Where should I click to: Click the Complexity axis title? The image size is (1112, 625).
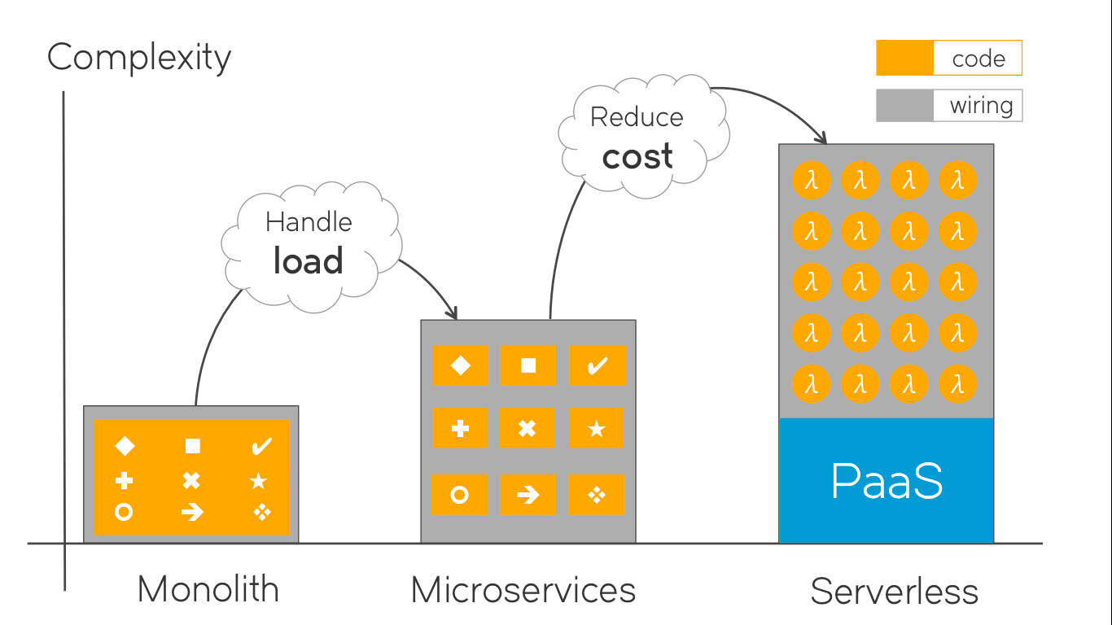pyautogui.click(x=139, y=59)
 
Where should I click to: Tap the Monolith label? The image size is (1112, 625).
pyautogui.click(x=208, y=589)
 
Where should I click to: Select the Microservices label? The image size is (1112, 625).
pyautogui.click(x=523, y=589)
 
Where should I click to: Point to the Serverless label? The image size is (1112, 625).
pyautogui.click(x=894, y=592)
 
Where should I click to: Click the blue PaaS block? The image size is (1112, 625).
pyautogui.click(x=887, y=480)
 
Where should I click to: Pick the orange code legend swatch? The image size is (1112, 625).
pyautogui.click(x=904, y=59)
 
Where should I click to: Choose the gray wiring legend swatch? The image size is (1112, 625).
pyautogui.click(x=904, y=106)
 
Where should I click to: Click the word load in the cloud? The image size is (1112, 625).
pyautogui.click(x=308, y=261)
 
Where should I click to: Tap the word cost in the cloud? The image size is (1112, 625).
pyautogui.click(x=637, y=156)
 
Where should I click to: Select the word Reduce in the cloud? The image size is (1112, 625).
pyautogui.click(x=637, y=117)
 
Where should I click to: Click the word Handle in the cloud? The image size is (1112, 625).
pyautogui.click(x=309, y=222)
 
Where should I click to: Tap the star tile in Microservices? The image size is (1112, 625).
pyautogui.click(x=597, y=428)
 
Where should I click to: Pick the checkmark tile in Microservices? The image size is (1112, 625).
pyautogui.click(x=597, y=365)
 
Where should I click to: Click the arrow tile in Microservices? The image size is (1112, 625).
pyautogui.click(x=528, y=495)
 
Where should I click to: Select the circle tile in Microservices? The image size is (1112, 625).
pyautogui.click(x=460, y=495)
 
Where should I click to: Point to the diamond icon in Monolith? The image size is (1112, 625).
pyautogui.click(x=125, y=446)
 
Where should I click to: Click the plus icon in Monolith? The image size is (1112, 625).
pyautogui.click(x=124, y=480)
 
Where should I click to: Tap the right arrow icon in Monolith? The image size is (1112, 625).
pyautogui.click(x=192, y=512)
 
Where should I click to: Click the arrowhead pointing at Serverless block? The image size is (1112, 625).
pyautogui.click(x=822, y=138)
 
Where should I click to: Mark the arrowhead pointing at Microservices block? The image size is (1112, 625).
pyautogui.click(x=453, y=313)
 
